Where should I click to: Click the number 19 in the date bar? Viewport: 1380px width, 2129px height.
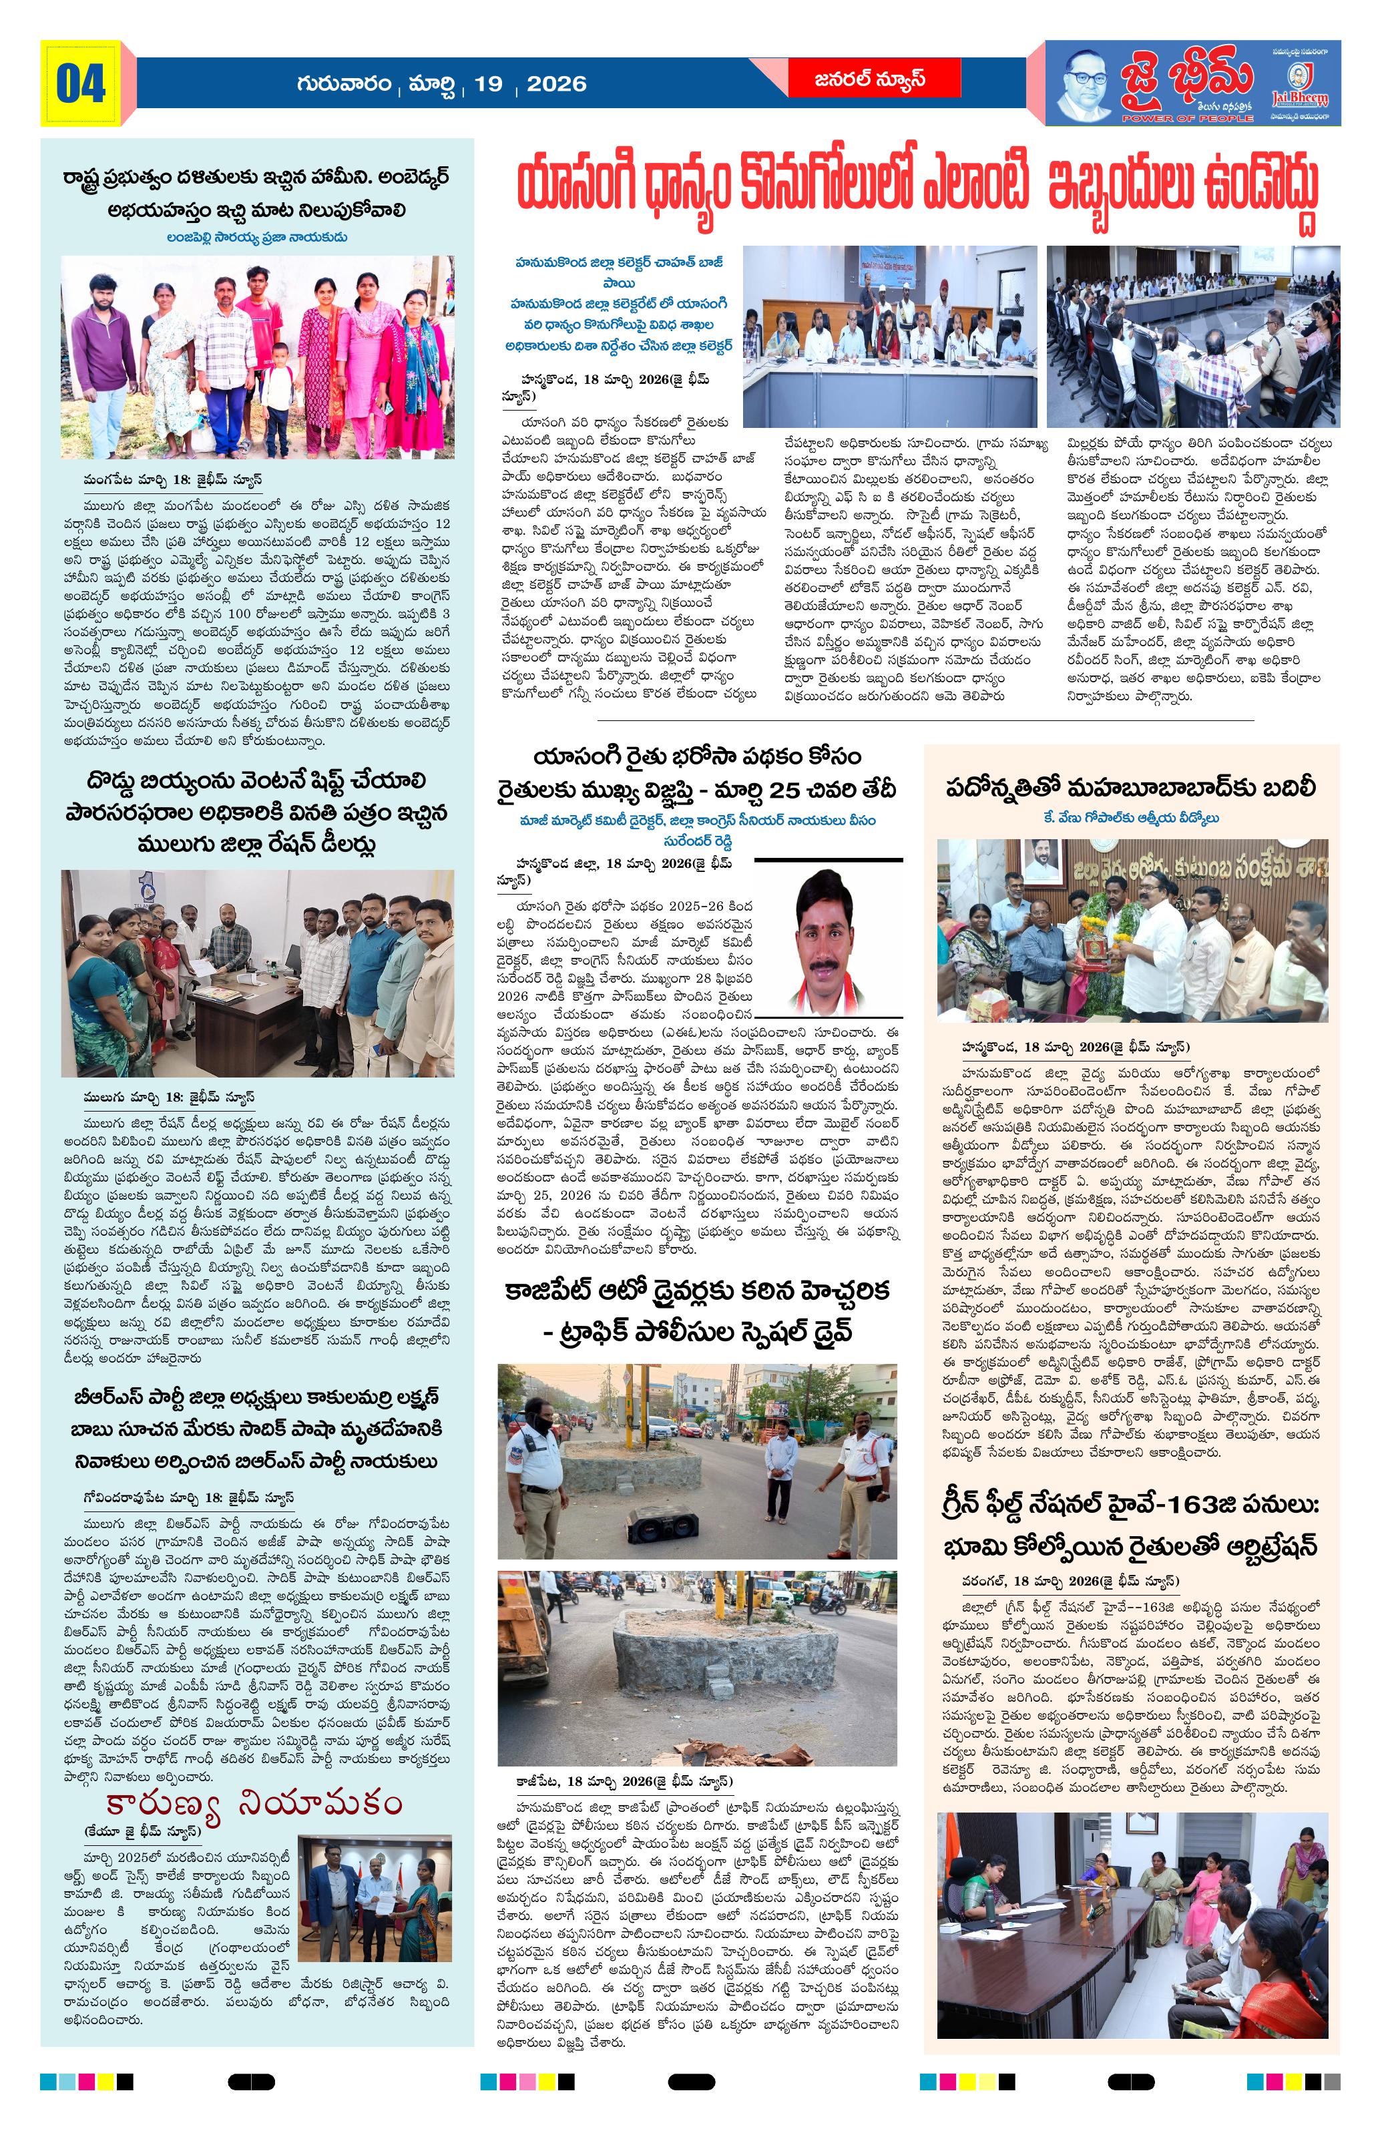click(488, 84)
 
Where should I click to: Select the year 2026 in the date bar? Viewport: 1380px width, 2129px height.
click(556, 84)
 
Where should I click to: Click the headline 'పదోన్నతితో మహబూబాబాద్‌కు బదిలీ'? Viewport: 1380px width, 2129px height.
click(1132, 788)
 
